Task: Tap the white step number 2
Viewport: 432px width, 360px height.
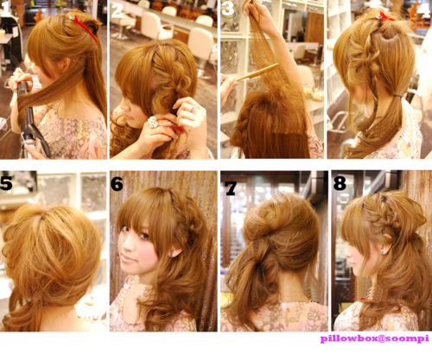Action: click(118, 11)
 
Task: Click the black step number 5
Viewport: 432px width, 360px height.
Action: click(6, 183)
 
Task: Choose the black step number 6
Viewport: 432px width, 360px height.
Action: click(117, 184)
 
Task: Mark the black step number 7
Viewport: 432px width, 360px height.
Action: click(231, 188)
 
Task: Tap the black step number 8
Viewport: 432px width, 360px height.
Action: click(340, 183)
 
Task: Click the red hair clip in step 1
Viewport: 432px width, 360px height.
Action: click(86, 28)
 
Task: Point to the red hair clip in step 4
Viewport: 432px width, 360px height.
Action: click(386, 16)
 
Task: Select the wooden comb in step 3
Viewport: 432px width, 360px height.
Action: click(257, 73)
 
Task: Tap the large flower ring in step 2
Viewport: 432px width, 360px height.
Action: click(153, 122)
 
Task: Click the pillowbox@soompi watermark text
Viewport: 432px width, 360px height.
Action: click(375, 338)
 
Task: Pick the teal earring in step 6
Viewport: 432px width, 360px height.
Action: click(171, 255)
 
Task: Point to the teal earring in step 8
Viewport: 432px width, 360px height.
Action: click(382, 252)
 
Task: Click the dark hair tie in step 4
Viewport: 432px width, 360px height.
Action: click(398, 95)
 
